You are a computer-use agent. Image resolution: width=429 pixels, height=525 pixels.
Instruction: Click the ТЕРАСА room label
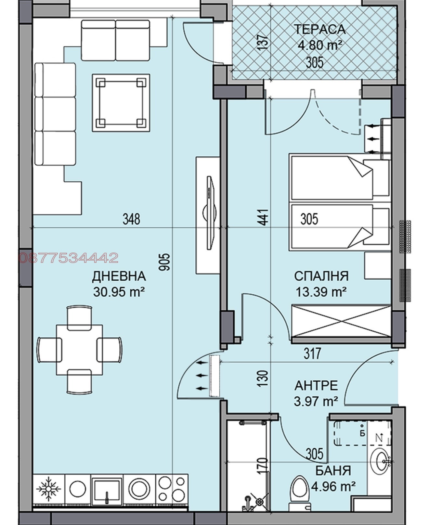[x=320, y=29]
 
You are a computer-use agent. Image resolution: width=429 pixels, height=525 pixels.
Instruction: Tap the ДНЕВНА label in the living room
[x=119, y=276]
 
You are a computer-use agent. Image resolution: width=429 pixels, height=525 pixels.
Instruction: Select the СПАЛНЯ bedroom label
[x=321, y=276]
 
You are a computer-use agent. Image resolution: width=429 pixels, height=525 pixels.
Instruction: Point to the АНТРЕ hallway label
[x=316, y=386]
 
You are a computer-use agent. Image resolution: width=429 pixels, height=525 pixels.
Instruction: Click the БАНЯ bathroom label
[x=333, y=470]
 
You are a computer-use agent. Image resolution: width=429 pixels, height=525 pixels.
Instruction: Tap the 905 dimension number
[x=165, y=262]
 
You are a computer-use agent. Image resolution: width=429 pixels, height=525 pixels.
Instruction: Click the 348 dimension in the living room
[x=131, y=219]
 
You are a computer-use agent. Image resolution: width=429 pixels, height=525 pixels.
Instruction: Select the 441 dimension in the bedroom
[x=264, y=217]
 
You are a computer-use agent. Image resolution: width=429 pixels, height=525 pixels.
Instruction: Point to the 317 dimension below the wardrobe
[x=312, y=353]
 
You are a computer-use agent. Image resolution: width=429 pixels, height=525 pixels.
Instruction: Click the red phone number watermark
[x=69, y=258]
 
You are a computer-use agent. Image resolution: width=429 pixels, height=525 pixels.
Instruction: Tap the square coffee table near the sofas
[x=121, y=103]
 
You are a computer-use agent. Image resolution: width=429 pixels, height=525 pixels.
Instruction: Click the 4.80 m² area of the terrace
[x=320, y=45]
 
